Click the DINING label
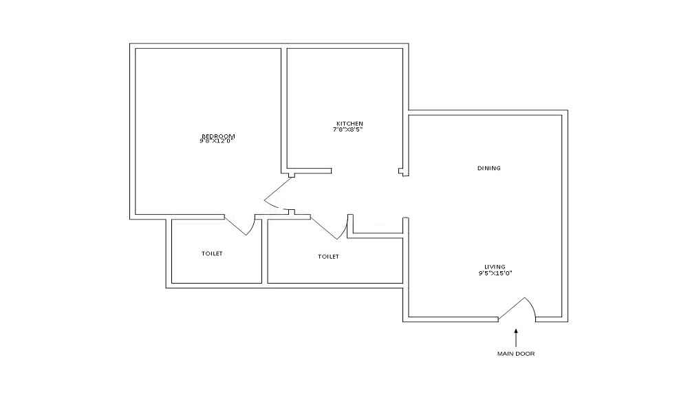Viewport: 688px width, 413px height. point(488,168)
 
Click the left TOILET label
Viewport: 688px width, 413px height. point(212,254)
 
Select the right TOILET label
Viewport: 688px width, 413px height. point(328,257)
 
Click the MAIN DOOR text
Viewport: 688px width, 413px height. point(516,354)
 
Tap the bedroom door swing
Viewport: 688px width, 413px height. point(275,193)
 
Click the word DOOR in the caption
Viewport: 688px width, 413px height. point(526,354)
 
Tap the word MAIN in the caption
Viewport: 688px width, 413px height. point(506,354)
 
